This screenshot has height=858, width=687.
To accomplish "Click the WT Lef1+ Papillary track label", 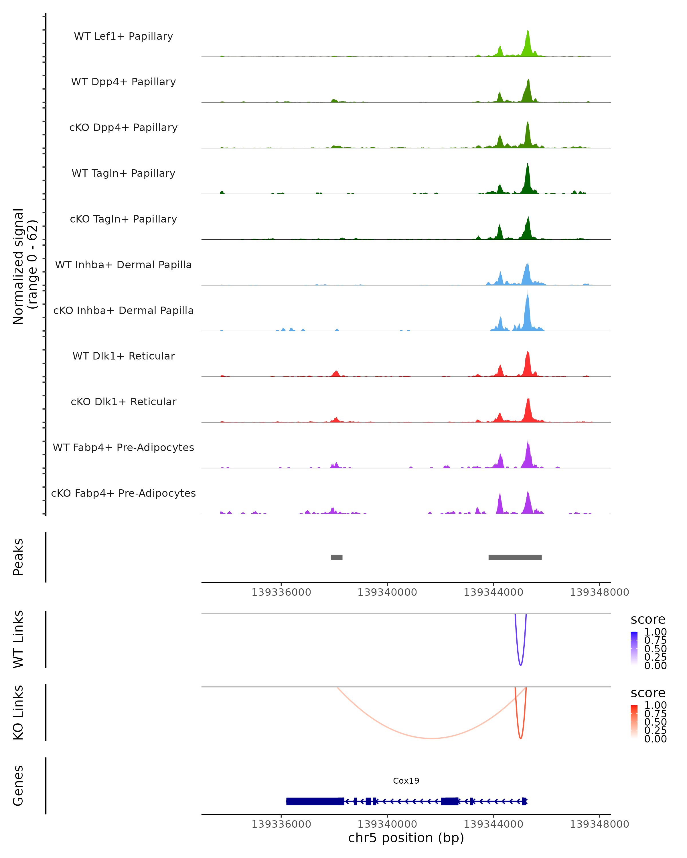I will tap(123, 36).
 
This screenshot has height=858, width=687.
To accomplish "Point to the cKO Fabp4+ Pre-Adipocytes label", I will tap(123, 493).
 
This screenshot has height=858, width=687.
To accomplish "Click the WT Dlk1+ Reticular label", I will tap(123, 356).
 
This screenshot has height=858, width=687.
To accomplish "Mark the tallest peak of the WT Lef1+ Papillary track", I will tap(528, 31).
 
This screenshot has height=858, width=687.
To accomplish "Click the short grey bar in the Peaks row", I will tap(337, 557).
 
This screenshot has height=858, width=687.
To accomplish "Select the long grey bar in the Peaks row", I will tap(515, 557).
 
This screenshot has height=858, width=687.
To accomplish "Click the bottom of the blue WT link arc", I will tap(520, 665).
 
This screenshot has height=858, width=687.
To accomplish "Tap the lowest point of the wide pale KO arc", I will tap(431, 738).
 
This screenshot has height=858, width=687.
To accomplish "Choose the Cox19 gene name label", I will tap(406, 781).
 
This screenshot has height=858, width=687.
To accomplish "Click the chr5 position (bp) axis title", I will tap(406, 838).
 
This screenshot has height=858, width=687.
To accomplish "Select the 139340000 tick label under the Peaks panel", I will tap(387, 592).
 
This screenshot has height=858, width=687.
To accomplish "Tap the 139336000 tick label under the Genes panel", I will tap(281, 824).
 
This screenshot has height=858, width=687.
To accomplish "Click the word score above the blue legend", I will tap(648, 619).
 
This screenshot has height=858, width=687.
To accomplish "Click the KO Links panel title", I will tap(18, 712).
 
